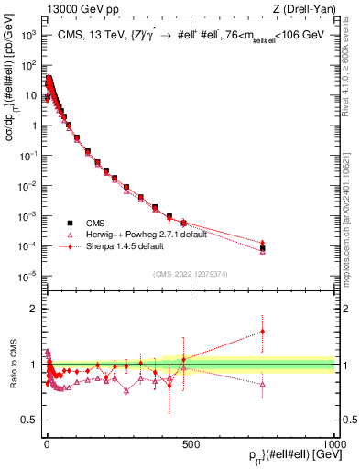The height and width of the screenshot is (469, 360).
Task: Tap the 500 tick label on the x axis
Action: click(x=191, y=442)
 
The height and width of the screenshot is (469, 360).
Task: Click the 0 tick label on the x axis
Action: click(x=46, y=442)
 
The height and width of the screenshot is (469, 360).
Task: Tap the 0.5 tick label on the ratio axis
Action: click(x=29, y=420)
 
